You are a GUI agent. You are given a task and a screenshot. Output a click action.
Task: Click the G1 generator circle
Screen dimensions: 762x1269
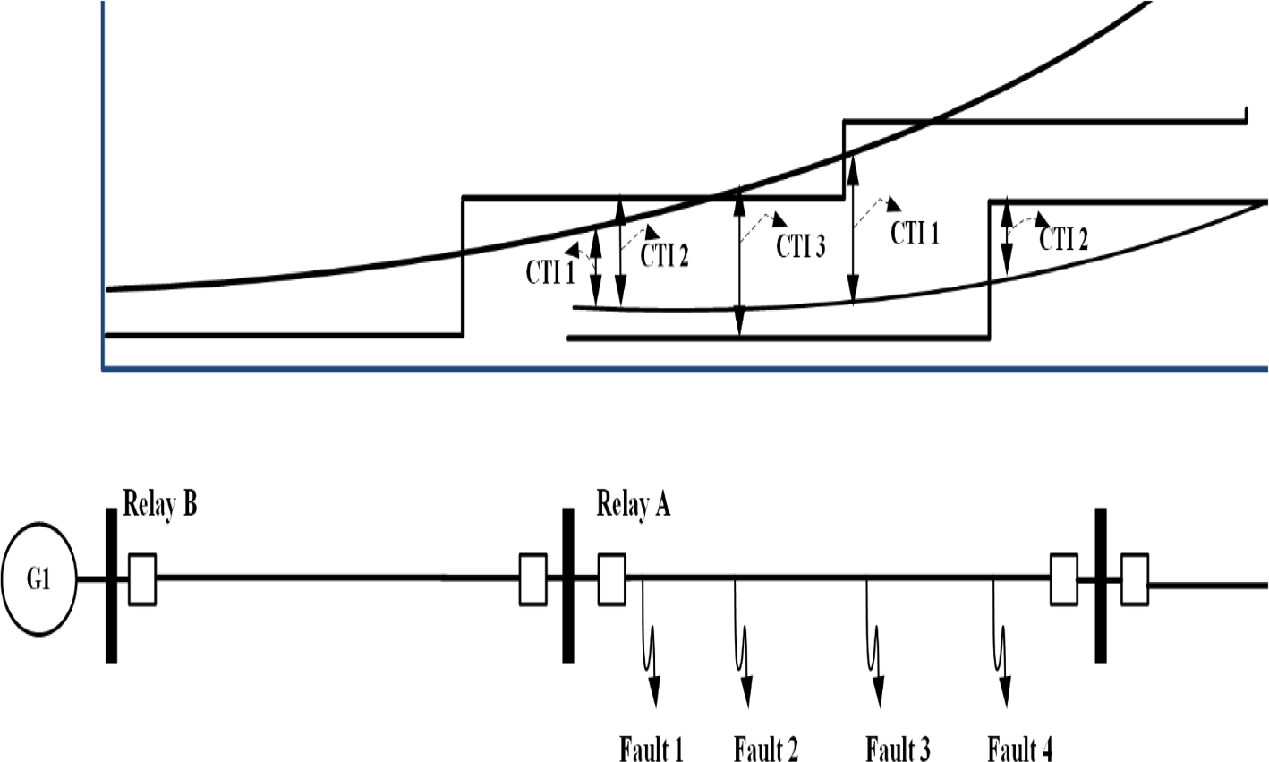(x=38, y=579)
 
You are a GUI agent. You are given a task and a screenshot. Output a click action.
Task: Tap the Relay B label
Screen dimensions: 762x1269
(x=160, y=504)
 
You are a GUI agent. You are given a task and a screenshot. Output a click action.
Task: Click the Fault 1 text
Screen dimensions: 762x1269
(x=651, y=748)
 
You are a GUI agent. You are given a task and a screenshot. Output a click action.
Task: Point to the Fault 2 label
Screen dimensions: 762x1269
(x=766, y=748)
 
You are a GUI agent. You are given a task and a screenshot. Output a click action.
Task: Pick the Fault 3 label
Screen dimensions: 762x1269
(x=898, y=748)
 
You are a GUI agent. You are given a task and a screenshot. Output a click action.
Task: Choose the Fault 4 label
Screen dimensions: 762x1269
(x=1019, y=748)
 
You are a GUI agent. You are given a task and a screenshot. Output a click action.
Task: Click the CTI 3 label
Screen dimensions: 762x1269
(x=800, y=245)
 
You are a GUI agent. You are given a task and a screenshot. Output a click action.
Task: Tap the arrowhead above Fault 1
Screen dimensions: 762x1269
(x=654, y=690)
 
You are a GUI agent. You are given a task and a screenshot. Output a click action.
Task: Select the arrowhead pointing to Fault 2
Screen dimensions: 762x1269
(x=745, y=690)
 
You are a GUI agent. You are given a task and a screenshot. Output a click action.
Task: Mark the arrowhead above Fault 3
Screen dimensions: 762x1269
(x=878, y=690)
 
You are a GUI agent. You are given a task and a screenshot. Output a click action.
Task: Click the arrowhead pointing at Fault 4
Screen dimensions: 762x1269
(x=1005, y=690)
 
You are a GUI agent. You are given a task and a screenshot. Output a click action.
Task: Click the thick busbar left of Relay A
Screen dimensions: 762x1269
(x=567, y=585)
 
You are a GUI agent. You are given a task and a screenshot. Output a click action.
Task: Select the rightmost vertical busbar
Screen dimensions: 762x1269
(x=1101, y=585)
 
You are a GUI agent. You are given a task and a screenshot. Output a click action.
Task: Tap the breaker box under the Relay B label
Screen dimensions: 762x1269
(x=142, y=579)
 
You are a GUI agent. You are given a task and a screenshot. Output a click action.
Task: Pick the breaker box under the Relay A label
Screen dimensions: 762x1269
(x=612, y=579)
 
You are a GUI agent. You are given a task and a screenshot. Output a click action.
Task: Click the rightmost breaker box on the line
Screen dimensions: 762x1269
(x=1135, y=579)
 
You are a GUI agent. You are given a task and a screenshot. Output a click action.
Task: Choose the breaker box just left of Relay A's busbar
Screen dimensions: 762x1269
(x=533, y=579)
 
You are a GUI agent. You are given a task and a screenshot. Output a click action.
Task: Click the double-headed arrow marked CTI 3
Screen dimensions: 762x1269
(x=739, y=264)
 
